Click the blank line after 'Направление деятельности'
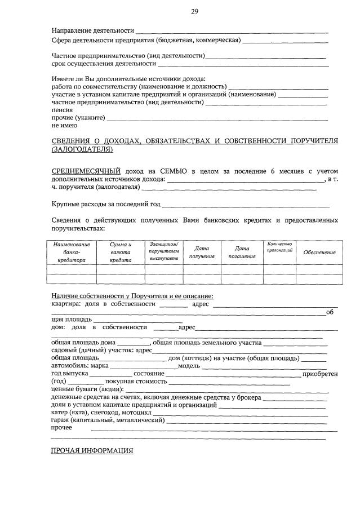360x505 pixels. [x=232, y=32]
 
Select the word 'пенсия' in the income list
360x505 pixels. [x=61, y=111]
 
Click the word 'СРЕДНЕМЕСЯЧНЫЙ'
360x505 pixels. [x=86, y=171]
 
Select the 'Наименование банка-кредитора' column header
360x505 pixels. [x=72, y=252]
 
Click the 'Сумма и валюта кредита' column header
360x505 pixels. [x=121, y=252]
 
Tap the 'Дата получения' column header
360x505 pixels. [x=202, y=252]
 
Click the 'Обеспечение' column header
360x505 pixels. [x=319, y=252]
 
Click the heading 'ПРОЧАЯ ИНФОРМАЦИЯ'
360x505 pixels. [x=92, y=451]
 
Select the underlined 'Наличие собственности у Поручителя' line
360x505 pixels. [x=132, y=296]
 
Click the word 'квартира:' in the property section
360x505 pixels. [x=67, y=304]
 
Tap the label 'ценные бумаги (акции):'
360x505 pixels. [x=88, y=389]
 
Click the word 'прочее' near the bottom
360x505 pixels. [x=62, y=428]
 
